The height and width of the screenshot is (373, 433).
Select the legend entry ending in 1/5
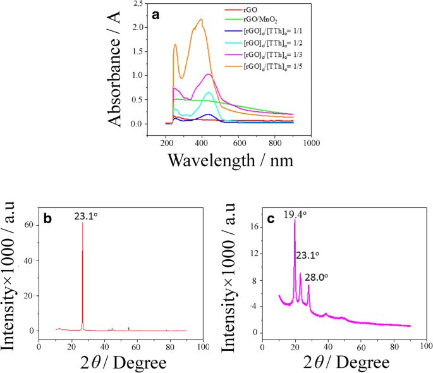pyautogui.click(x=265, y=66)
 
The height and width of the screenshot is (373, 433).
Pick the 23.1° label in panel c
pyautogui.click(x=308, y=255)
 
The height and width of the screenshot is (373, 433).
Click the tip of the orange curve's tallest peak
pyautogui.click(x=201, y=19)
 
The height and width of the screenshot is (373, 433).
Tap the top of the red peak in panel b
pyautogui.click(x=83, y=223)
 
